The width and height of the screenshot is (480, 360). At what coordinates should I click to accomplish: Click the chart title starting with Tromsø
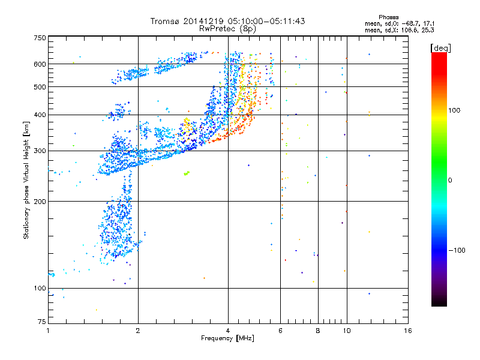click(228, 21)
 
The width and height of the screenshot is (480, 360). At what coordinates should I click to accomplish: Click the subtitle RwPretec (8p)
click(228, 28)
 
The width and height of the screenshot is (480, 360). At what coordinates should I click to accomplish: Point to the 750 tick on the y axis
click(40, 37)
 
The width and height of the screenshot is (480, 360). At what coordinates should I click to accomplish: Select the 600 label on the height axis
click(40, 64)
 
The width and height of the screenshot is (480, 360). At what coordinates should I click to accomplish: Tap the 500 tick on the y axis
click(40, 87)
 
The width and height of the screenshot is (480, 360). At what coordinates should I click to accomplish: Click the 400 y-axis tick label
click(40, 115)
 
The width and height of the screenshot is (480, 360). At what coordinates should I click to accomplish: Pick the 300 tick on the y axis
click(40, 151)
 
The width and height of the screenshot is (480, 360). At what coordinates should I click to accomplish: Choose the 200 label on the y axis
click(40, 202)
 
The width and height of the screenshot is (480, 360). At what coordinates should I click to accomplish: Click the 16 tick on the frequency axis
click(407, 331)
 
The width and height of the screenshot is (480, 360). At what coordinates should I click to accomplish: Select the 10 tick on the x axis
click(346, 331)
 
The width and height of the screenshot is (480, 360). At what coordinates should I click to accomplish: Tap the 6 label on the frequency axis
click(280, 331)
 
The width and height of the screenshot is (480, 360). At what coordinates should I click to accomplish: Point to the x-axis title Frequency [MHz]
click(227, 338)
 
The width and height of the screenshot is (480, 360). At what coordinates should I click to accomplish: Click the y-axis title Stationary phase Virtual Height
click(26, 180)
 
